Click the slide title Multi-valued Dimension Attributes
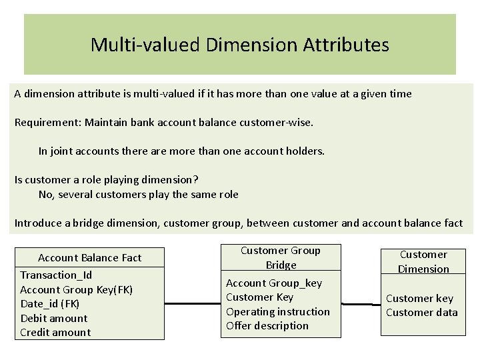[x=239, y=45]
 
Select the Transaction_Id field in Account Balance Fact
[x=56, y=275]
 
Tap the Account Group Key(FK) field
[x=76, y=289]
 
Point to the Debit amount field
[x=53, y=318]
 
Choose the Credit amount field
[x=55, y=332]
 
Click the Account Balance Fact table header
[x=89, y=257]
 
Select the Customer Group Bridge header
[x=281, y=257]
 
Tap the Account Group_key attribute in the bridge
[x=274, y=283]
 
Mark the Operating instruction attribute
[x=278, y=311]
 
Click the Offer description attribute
[x=267, y=325]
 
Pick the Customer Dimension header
[x=423, y=261]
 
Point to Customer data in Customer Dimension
[x=422, y=312]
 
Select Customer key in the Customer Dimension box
[x=419, y=298]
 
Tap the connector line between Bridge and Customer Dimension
[x=357, y=304]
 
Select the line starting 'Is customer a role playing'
[x=107, y=180]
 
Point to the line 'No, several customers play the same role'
[x=138, y=194]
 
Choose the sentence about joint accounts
[x=181, y=151]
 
